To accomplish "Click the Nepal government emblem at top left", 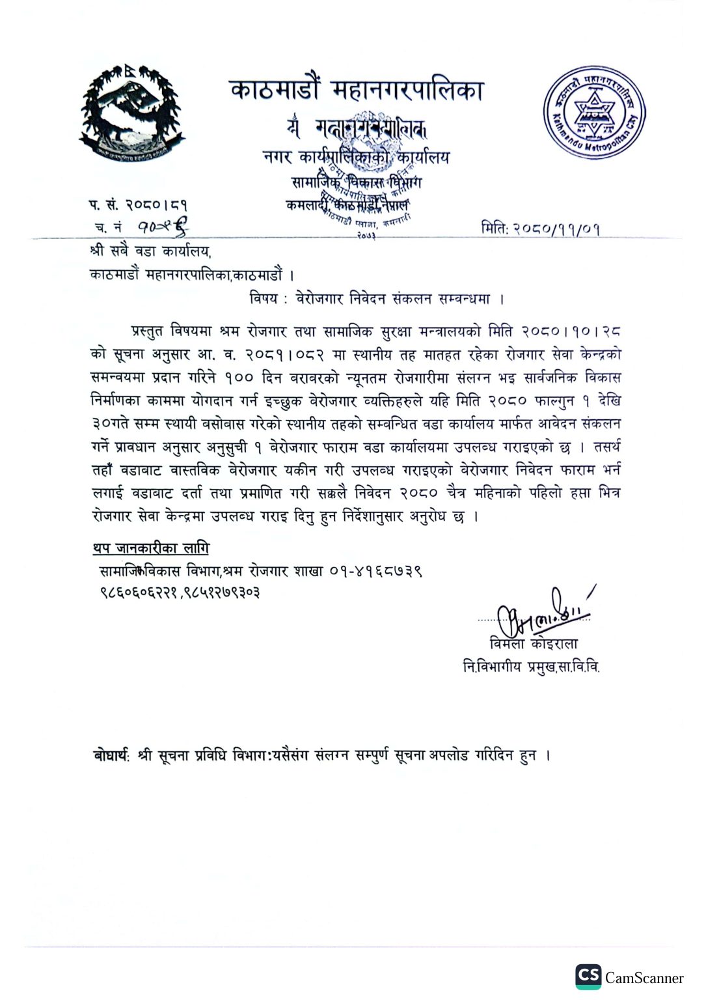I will [x=133, y=112].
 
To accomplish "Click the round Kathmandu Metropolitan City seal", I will [x=593, y=113].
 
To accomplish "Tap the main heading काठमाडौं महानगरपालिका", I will [x=357, y=90].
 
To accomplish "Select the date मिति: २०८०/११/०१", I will [x=540, y=229].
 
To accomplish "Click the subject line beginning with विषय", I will [x=377, y=299].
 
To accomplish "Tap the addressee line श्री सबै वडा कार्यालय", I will [x=150, y=251].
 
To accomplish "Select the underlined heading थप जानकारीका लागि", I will [x=151, y=548].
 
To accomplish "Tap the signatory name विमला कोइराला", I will [x=534, y=644].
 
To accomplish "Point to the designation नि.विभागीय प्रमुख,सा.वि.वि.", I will [x=531, y=667].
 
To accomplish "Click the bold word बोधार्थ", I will [x=111, y=755].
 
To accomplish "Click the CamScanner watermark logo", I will [x=588, y=976].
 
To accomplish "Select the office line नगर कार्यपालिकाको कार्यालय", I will [x=356, y=157].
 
